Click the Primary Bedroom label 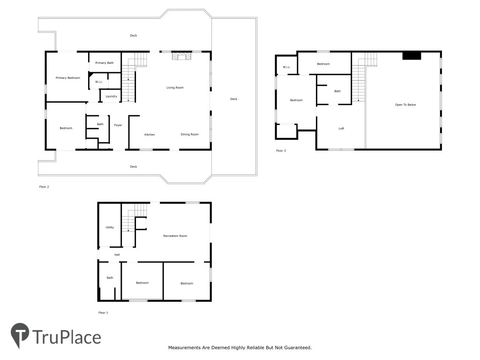click(67, 78)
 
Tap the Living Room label click(175, 88)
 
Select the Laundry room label click(111, 97)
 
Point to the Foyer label click(118, 125)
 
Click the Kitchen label click(150, 135)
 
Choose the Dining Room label click(189, 135)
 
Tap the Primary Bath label click(105, 63)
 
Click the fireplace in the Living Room click(181, 56)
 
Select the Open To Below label click(405, 105)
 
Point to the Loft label click(341, 128)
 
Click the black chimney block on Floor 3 click(412, 56)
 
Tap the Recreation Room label click(175, 236)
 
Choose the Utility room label click(110, 227)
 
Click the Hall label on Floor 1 click(117, 255)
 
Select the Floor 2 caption click(44, 187)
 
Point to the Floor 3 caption click(281, 150)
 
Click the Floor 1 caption click(103, 313)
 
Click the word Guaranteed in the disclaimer click(297, 348)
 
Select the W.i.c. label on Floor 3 click(286, 67)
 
